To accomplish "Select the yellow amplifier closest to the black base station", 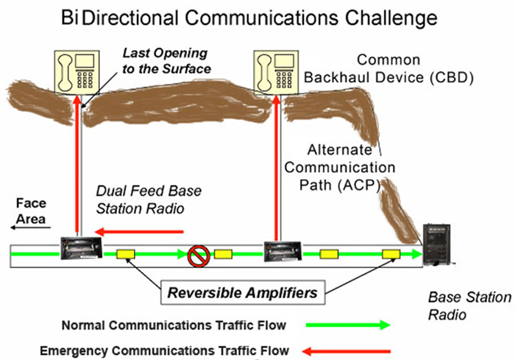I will (x=390, y=255).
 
